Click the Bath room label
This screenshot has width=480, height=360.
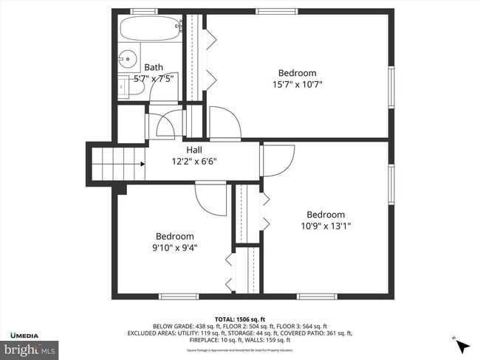[154, 66]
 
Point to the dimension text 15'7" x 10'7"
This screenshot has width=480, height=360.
[298, 84]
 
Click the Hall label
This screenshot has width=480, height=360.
[195, 150]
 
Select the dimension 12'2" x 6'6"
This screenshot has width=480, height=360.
[195, 162]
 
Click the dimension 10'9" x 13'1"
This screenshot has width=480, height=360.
[326, 226]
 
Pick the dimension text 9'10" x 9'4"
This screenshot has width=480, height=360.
[175, 248]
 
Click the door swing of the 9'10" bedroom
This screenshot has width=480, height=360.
[210, 199]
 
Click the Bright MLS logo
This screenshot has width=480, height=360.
[30, 348]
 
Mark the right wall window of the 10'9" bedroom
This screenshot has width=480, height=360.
[391, 184]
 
